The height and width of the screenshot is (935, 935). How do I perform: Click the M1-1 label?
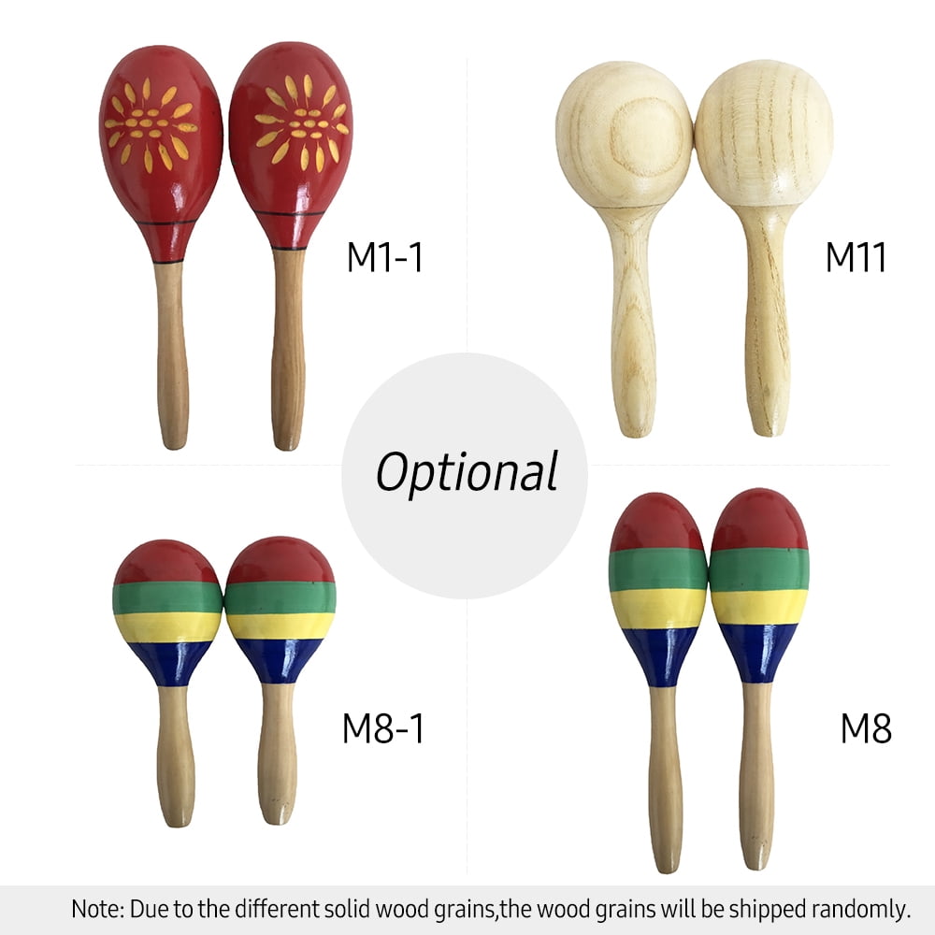384,257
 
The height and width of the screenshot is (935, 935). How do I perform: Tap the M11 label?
856,257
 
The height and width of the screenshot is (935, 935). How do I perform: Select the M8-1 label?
382,728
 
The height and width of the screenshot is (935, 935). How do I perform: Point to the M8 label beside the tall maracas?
866,728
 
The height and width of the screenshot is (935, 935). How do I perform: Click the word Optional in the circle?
467,472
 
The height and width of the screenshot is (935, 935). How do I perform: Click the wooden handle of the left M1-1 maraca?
172,355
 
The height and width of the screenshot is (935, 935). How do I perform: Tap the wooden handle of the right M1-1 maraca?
289,350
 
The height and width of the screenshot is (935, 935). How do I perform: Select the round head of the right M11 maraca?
764,133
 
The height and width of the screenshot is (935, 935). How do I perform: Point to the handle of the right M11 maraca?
768,321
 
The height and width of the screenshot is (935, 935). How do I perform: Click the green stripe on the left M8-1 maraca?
167,598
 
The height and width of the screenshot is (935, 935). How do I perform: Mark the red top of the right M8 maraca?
759,520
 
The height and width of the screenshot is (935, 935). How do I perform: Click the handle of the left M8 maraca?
665,779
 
